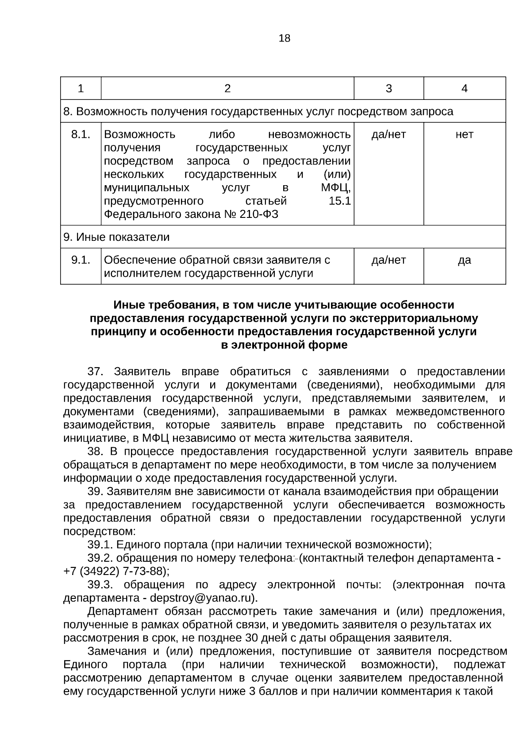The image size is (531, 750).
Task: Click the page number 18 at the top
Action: [285, 38]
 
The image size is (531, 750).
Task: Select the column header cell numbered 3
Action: [389, 89]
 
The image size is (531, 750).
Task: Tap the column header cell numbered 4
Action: [464, 89]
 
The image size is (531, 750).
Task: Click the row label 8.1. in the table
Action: [81, 134]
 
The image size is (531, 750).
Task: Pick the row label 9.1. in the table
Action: [81, 260]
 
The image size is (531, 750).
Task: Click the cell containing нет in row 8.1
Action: [464, 134]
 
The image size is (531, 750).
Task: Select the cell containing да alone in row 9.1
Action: [464, 260]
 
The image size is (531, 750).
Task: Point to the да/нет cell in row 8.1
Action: [389, 134]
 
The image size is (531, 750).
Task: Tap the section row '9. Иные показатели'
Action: [116, 237]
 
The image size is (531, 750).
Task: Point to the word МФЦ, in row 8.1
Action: [336, 188]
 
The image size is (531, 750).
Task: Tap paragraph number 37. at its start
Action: [96, 371]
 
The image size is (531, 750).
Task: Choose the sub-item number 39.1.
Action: [100, 544]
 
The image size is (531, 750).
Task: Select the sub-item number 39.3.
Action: [100, 585]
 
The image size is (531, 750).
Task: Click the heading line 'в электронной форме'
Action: [284, 345]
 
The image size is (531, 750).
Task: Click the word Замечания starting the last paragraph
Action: [117, 651]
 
